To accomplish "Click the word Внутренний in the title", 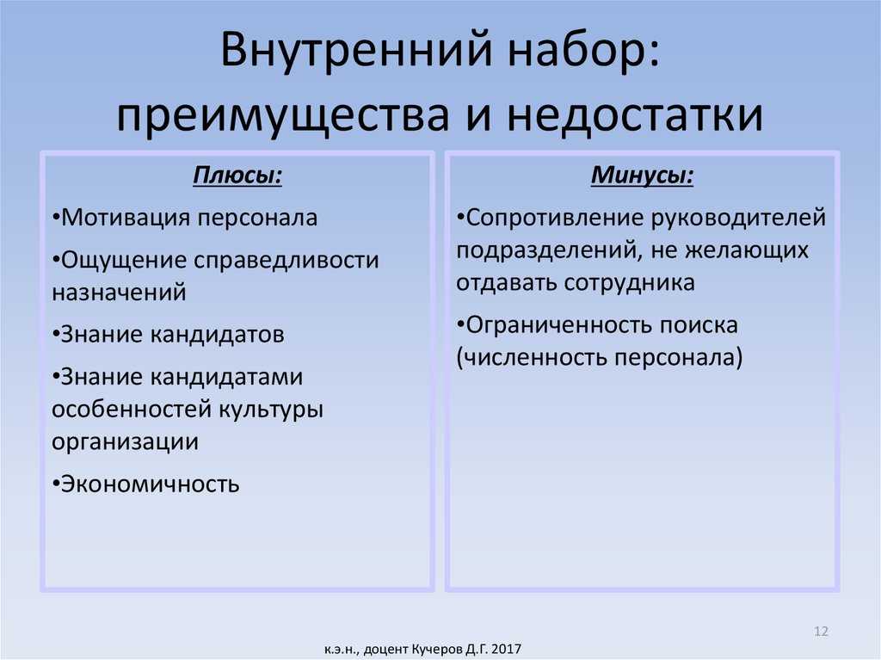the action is (x=359, y=49).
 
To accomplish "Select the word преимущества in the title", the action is (x=284, y=116).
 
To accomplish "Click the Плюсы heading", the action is (x=237, y=176).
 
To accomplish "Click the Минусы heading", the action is (x=642, y=176).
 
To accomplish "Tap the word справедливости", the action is (x=286, y=261).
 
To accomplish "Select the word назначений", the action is (x=119, y=293).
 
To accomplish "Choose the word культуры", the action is (x=271, y=410).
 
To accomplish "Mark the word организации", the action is (x=126, y=442).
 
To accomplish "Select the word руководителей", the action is (x=738, y=218).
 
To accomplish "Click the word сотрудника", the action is (x=629, y=283).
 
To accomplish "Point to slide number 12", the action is (x=821, y=632).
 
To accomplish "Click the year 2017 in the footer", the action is (x=506, y=650).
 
